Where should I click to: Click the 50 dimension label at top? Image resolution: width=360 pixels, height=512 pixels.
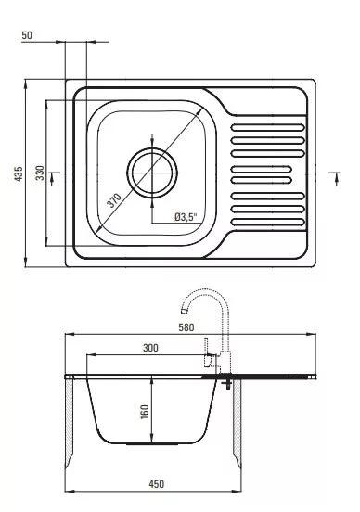(x=27, y=35)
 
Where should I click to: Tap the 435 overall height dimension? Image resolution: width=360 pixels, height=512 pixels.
(x=19, y=174)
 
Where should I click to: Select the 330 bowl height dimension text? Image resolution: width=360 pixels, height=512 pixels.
(x=40, y=173)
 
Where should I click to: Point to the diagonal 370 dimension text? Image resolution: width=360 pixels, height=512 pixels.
(x=114, y=199)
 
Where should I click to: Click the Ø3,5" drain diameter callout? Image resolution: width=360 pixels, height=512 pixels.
(x=186, y=216)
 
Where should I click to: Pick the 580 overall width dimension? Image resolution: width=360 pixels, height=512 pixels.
(x=186, y=327)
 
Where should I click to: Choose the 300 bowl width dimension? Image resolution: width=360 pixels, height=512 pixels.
(x=150, y=348)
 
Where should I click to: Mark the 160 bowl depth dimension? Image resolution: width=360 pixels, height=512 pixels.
(x=144, y=412)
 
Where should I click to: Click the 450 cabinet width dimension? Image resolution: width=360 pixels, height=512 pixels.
(x=157, y=484)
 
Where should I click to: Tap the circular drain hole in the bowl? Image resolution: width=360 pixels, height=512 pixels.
(x=152, y=173)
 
